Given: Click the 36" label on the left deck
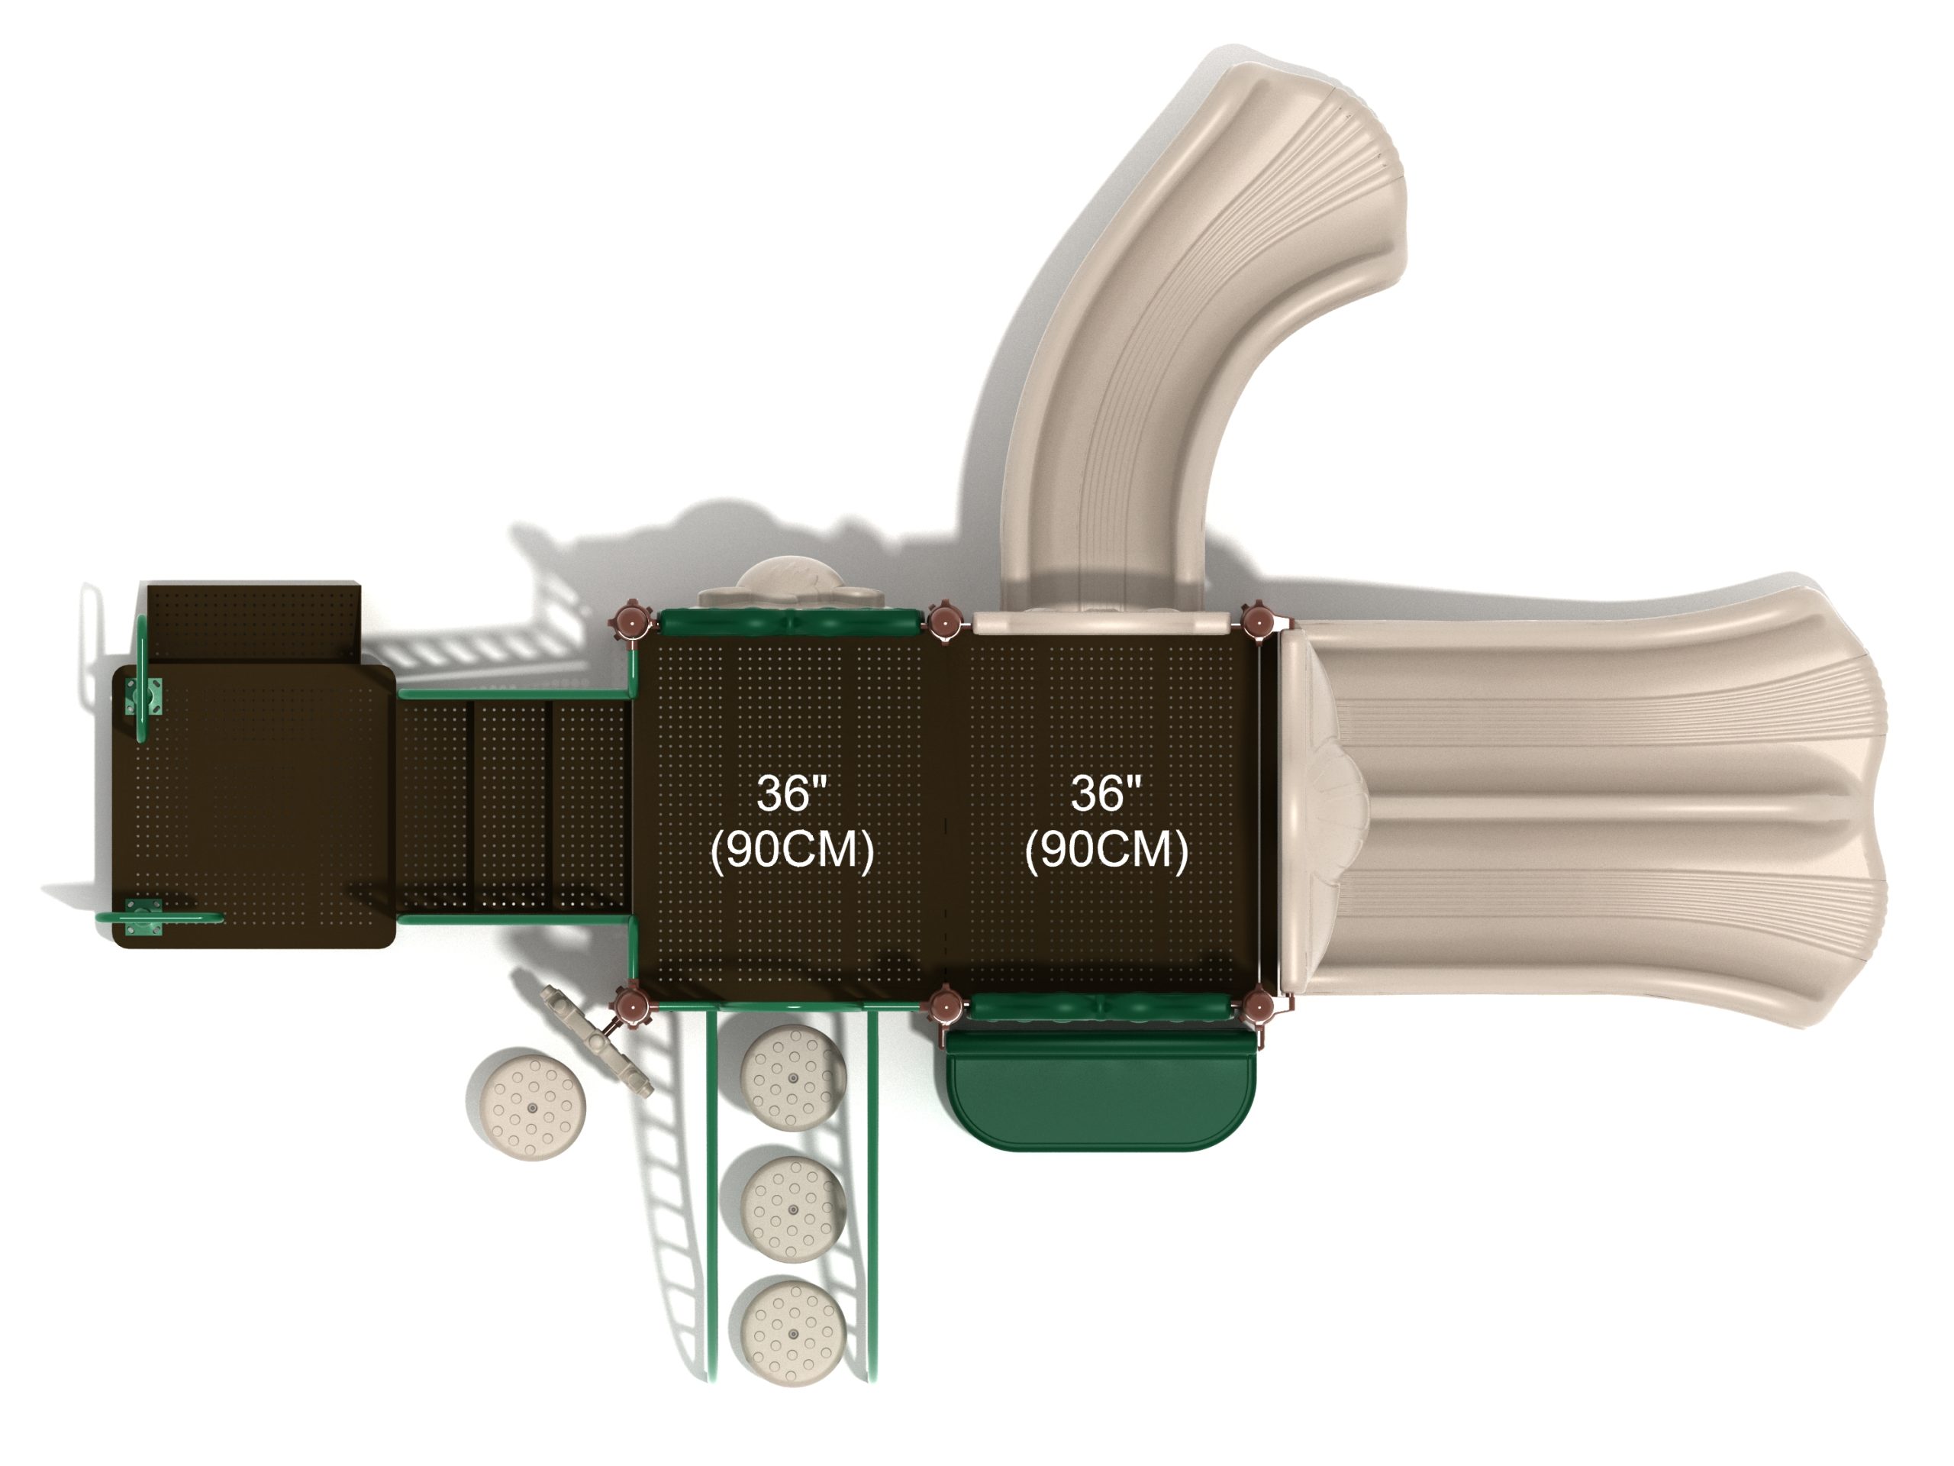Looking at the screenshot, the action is click(792, 793).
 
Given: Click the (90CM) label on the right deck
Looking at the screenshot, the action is click(1106, 849).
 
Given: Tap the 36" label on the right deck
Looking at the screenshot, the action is click(1106, 793).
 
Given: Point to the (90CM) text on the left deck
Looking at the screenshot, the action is click(792, 849).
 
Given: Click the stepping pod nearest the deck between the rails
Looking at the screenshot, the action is click(792, 1078).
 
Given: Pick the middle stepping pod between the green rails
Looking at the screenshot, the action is click(792, 1209).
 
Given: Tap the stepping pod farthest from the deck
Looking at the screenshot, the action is click(792, 1333).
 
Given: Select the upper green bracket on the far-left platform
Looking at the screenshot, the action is click(143, 696).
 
